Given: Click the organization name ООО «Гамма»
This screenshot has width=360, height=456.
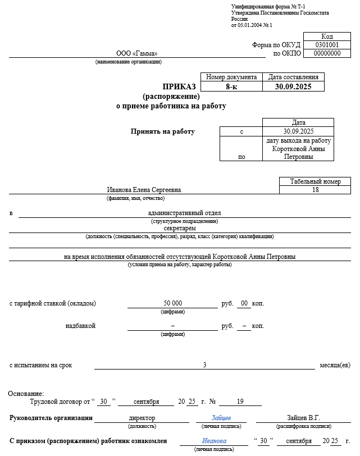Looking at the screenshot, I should (137, 53).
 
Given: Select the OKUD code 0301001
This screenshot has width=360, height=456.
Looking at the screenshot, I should (327, 45).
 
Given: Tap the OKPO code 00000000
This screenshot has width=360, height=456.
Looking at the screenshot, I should (327, 53).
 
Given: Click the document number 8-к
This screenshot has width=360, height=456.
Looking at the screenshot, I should (231, 86).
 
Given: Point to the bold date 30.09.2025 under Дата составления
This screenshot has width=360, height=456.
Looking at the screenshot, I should (293, 86).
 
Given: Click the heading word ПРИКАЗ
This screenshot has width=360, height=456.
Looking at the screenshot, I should (179, 86).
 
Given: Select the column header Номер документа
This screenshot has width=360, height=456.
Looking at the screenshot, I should (231, 77).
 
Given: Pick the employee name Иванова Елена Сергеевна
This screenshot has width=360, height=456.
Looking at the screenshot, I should (144, 190).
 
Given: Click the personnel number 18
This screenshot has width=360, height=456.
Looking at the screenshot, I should (315, 190).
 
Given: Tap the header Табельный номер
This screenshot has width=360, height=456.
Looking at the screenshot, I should (315, 181).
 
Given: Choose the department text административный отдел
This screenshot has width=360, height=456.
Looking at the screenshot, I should (184, 213).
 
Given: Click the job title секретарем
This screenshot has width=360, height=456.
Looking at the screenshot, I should (180, 229).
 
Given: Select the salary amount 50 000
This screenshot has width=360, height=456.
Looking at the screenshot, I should (173, 304).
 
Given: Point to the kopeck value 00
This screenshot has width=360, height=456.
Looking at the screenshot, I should (244, 304).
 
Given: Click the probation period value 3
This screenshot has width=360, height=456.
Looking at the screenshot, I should (204, 365).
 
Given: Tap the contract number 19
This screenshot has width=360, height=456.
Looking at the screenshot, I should (240, 402).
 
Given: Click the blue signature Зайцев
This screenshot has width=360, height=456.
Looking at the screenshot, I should (221, 418).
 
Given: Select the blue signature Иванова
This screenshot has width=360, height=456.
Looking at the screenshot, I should (214, 441).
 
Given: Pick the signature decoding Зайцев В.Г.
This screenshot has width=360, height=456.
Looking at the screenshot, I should (303, 418).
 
